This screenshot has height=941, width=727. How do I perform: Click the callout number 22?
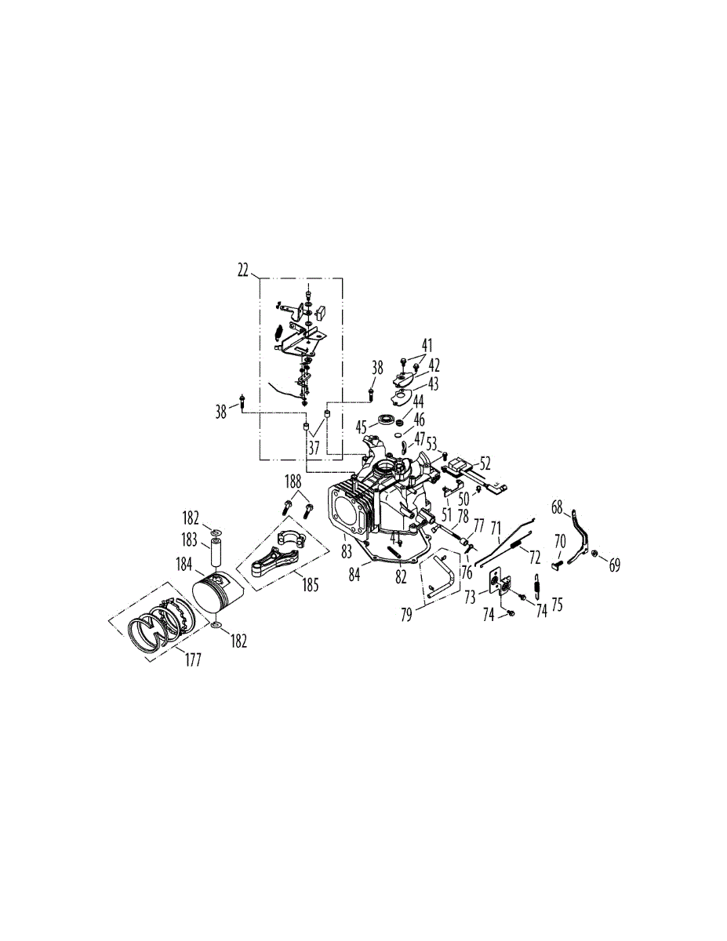click(x=242, y=270)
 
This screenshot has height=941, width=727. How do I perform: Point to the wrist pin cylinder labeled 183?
click(x=215, y=553)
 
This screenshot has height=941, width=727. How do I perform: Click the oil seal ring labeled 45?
click(x=387, y=419)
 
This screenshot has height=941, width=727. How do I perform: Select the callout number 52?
click(x=485, y=463)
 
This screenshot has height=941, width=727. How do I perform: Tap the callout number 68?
click(x=558, y=508)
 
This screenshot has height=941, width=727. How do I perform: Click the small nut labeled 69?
click(x=594, y=554)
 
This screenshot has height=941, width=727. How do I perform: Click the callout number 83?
click(x=347, y=552)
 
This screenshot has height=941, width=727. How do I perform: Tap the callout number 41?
click(x=427, y=344)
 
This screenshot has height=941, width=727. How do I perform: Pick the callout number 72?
click(x=535, y=557)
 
